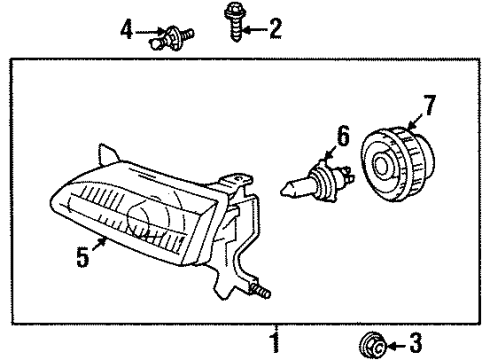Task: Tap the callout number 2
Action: pos(274,29)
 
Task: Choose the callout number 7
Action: pos(430,104)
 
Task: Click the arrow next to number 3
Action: pos(390,347)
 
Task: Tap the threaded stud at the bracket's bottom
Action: pos(265,292)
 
